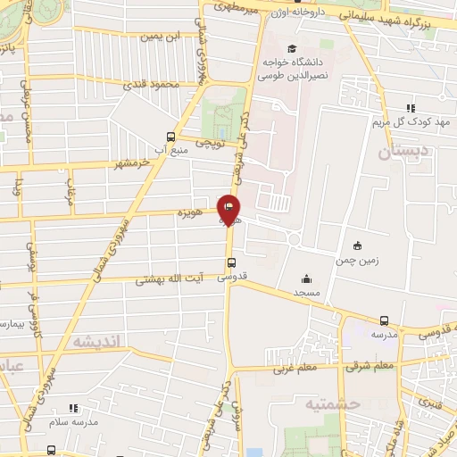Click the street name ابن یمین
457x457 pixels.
coord(162,37)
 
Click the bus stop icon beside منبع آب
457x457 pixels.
coord(170,137)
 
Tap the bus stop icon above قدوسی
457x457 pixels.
coord(231,262)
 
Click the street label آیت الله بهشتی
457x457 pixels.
coord(170,279)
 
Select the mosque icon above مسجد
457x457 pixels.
coord(308,278)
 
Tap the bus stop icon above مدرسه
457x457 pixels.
coord(384,320)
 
